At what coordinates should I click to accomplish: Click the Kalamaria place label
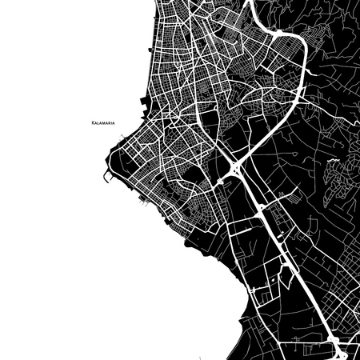[106, 123]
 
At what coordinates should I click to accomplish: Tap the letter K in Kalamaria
[94, 123]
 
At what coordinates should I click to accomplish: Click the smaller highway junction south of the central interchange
[261, 210]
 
